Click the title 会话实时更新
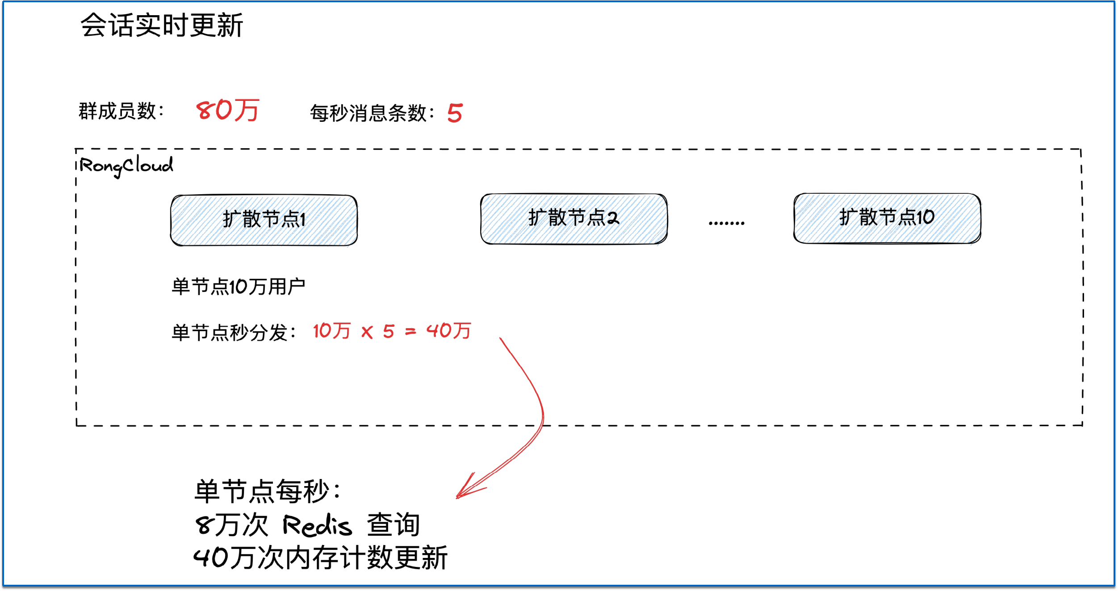[x=162, y=25]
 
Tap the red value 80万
[x=228, y=110]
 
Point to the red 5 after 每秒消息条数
[x=455, y=113]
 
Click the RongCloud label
[x=126, y=166]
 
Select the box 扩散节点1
[x=264, y=220]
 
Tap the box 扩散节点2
[x=574, y=219]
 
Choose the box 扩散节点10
[x=887, y=218]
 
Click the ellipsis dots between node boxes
[x=727, y=222]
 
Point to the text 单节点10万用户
[x=238, y=287]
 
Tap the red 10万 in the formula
[x=331, y=331]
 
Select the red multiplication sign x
[x=367, y=332]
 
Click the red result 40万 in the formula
[x=448, y=331]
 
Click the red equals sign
[x=410, y=332]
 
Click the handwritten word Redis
[x=317, y=525]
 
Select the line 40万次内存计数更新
[x=320, y=558]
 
